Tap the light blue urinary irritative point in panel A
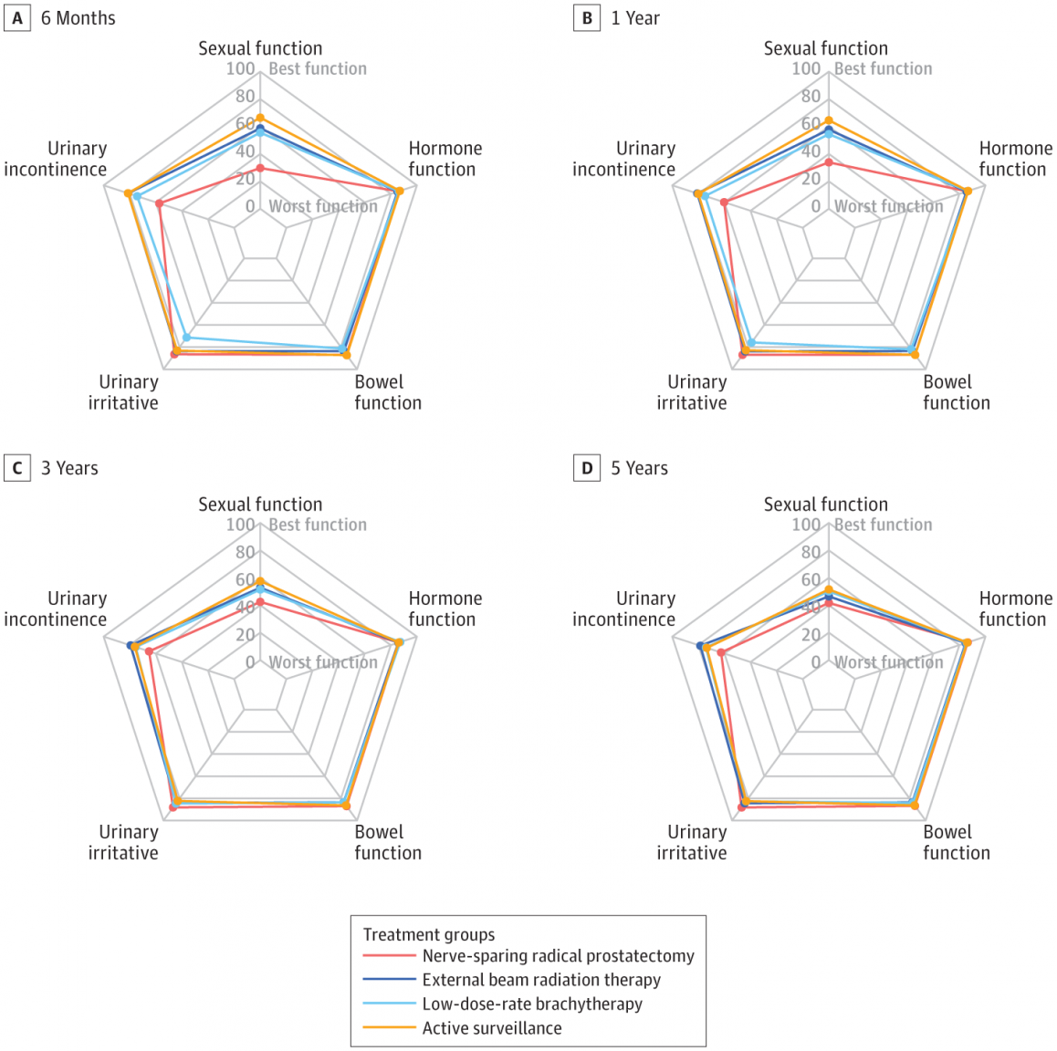tap(187, 338)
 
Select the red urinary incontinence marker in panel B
tap(724, 203)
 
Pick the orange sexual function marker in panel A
tap(260, 118)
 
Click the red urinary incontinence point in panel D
tap(721, 652)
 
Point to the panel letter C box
tap(17, 467)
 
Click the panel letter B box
tap(587, 18)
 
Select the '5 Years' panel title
tap(639, 468)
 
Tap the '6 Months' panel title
tap(78, 18)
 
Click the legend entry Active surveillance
tap(492, 1028)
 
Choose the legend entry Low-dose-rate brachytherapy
tap(532, 1004)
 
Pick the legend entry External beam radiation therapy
tap(541, 980)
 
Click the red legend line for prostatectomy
tap(389, 955)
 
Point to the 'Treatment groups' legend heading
tap(429, 934)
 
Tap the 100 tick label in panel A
tap(241, 68)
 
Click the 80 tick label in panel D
tap(811, 553)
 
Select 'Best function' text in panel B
tap(883, 68)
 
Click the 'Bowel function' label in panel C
tap(388, 842)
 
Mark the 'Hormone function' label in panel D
tap(1016, 609)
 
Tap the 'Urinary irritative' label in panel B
tap(692, 392)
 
